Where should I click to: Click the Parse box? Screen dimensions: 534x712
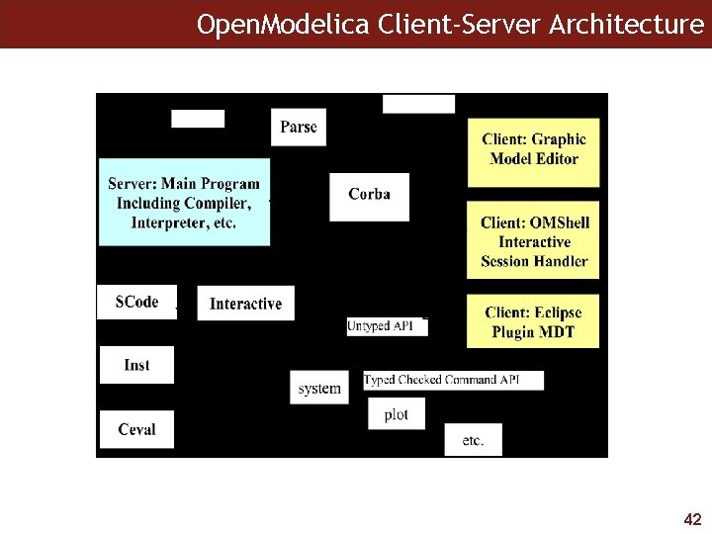coord(299,127)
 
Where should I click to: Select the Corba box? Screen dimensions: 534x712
coord(369,195)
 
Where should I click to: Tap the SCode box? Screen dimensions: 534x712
coord(136,302)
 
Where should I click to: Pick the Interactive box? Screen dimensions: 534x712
coord(245,304)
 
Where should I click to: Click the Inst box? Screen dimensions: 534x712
coord(136,365)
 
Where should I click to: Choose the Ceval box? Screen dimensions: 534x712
coord(136,429)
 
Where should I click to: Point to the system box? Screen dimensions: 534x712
coord(319,389)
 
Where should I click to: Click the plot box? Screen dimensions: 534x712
coord(396,414)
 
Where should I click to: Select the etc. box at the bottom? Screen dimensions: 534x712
coord(473,440)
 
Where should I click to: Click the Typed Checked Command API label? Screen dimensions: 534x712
coord(454,380)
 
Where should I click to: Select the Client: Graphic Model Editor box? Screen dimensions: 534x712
coord(534,149)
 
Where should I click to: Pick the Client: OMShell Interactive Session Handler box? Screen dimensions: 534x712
coord(534,241)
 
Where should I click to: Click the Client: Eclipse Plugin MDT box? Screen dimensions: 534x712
coord(534,321)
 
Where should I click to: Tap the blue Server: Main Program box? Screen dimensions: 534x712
coord(184,203)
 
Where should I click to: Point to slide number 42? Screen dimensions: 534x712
coord(692,519)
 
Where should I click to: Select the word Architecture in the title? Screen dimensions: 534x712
coord(634,24)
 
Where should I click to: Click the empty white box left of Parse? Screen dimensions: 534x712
coord(198,119)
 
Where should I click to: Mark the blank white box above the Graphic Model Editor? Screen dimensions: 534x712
coord(418,104)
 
